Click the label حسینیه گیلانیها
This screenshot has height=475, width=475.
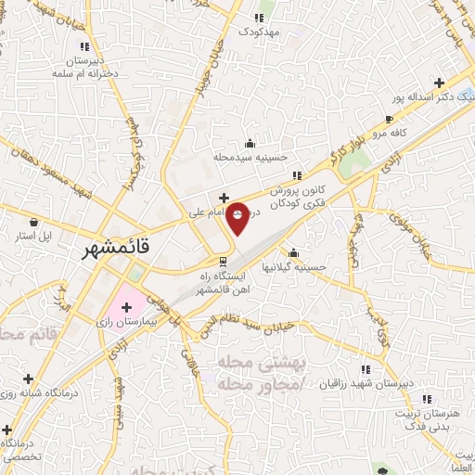click(292, 267)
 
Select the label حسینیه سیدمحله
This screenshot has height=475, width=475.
click(249, 159)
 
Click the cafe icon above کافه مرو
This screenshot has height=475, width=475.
click(391, 119)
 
